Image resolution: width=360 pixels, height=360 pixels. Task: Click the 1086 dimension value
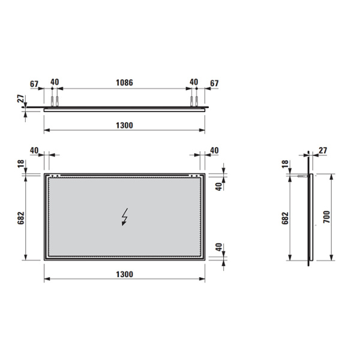coord(124,82)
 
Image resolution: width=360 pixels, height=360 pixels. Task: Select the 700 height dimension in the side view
coord(326,217)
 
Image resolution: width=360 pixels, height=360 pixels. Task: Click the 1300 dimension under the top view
coord(124,125)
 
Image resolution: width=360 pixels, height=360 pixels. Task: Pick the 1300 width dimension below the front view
coord(124,274)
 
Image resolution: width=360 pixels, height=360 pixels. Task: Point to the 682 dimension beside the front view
coord(21,217)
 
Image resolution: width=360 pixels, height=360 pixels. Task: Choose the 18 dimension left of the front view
coord(21,164)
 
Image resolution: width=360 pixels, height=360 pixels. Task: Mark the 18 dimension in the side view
coord(284,164)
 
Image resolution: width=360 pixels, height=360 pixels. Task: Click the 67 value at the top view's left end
coord(34,82)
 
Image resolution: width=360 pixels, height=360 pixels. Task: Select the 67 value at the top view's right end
coord(214,82)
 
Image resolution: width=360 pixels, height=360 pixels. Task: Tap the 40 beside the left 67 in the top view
coord(55,82)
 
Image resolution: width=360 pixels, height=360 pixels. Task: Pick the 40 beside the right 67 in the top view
coord(194,82)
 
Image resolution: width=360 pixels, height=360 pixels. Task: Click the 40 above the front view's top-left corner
coord(34,150)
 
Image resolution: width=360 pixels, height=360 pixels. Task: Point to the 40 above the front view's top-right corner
coord(214,150)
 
